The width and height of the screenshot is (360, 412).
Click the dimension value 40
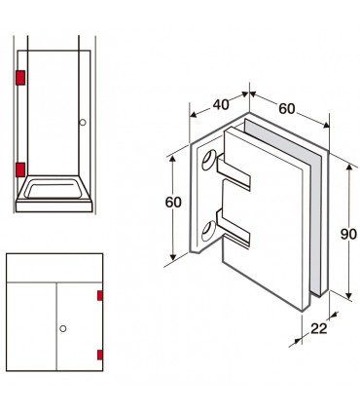(221, 104)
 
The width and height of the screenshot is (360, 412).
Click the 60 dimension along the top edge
(287, 108)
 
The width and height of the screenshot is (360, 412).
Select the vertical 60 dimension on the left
(173, 202)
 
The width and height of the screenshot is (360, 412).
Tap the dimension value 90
(348, 234)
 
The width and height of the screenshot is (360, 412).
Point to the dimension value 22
(319, 328)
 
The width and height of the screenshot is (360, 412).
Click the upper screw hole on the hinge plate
(209, 160)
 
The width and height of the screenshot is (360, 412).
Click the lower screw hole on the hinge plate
(208, 231)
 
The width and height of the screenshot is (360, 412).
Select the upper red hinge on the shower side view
(20, 78)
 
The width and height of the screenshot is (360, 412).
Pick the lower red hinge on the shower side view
(20, 169)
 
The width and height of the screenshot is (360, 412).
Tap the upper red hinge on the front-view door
(100, 295)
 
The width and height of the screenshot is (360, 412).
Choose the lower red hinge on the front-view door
(100, 355)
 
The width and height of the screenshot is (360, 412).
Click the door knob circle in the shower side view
(83, 123)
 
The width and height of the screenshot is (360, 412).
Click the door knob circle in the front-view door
(63, 328)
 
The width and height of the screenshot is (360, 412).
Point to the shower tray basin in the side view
(54, 189)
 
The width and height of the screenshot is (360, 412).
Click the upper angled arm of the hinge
(233, 172)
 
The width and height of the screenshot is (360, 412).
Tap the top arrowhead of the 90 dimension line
(349, 168)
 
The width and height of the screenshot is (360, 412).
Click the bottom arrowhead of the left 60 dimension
(173, 256)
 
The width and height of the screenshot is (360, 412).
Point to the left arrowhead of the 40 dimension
(194, 114)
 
